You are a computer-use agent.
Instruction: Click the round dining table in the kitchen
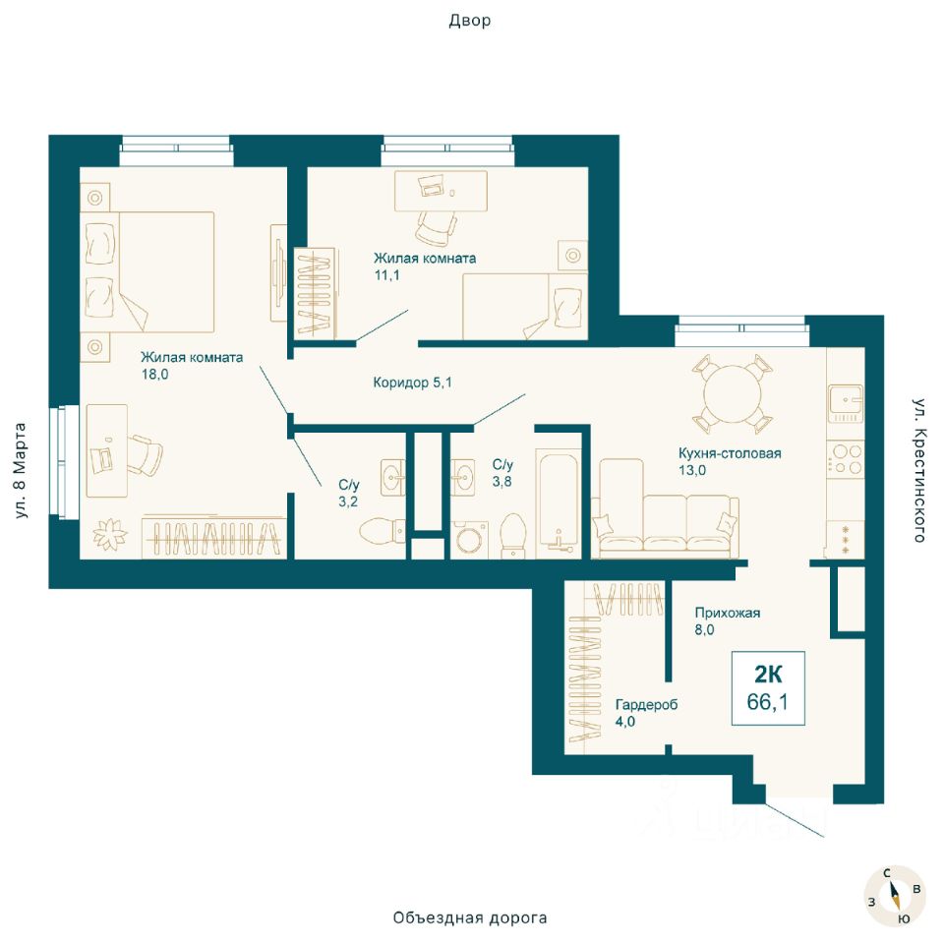(x=733, y=395)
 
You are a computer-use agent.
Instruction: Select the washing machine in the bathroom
(x=470, y=539)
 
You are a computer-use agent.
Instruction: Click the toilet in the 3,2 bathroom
(x=382, y=530)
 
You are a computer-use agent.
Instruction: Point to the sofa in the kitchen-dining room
(x=665, y=524)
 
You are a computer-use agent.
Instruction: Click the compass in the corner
(x=894, y=896)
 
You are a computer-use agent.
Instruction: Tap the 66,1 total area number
(x=768, y=701)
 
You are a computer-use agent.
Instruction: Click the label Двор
(x=470, y=21)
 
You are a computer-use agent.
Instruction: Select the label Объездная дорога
(x=470, y=917)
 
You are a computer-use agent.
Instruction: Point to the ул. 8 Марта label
(x=20, y=470)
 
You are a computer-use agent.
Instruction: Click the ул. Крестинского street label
(x=918, y=470)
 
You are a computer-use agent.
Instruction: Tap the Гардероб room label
(x=647, y=704)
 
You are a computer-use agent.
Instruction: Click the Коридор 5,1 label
(x=412, y=383)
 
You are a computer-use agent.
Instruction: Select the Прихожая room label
(x=728, y=613)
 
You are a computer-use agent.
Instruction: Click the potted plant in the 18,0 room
(x=110, y=534)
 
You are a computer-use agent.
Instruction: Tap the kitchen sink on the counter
(x=846, y=403)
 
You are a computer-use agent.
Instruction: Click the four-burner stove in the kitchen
(x=846, y=459)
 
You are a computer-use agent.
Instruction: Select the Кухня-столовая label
(x=730, y=453)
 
